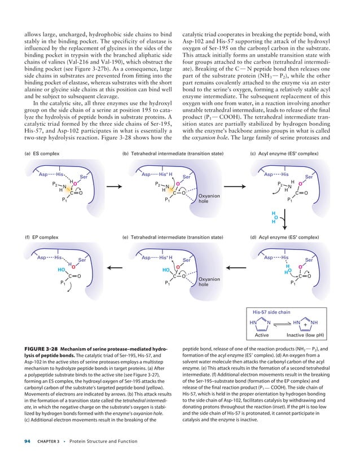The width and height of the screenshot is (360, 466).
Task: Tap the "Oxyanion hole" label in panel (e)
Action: (209, 282)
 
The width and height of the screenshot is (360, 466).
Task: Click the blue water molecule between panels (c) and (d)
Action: (275, 217)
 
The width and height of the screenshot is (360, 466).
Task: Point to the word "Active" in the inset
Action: (262, 335)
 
